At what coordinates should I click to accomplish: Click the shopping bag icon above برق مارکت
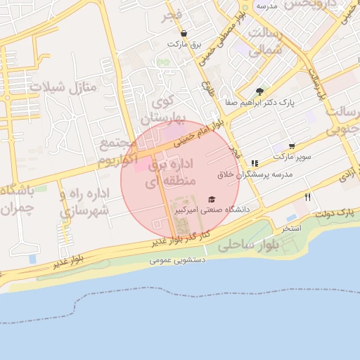click(184, 34)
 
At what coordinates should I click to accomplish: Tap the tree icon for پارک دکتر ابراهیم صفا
click(259, 91)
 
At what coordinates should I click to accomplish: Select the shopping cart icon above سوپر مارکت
click(292, 146)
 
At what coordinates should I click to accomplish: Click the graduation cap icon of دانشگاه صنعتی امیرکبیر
click(212, 200)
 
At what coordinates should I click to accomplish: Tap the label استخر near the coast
click(290, 229)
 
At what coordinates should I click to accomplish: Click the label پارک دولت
click(333, 212)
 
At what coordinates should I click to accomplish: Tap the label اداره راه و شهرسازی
click(83, 202)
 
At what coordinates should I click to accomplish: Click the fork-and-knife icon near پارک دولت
click(307, 198)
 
